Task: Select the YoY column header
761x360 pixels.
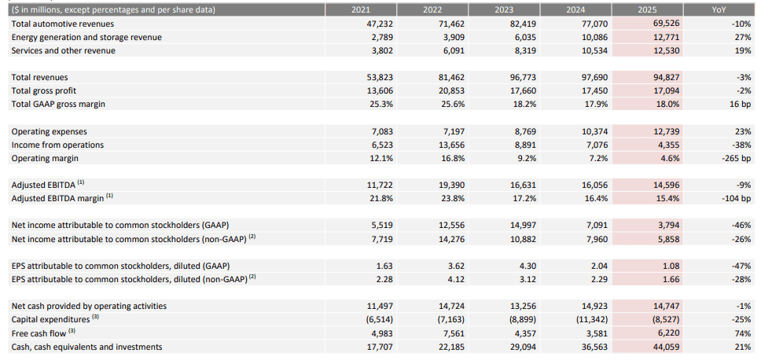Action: coord(718,9)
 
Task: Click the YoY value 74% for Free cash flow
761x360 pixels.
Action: coord(742,333)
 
